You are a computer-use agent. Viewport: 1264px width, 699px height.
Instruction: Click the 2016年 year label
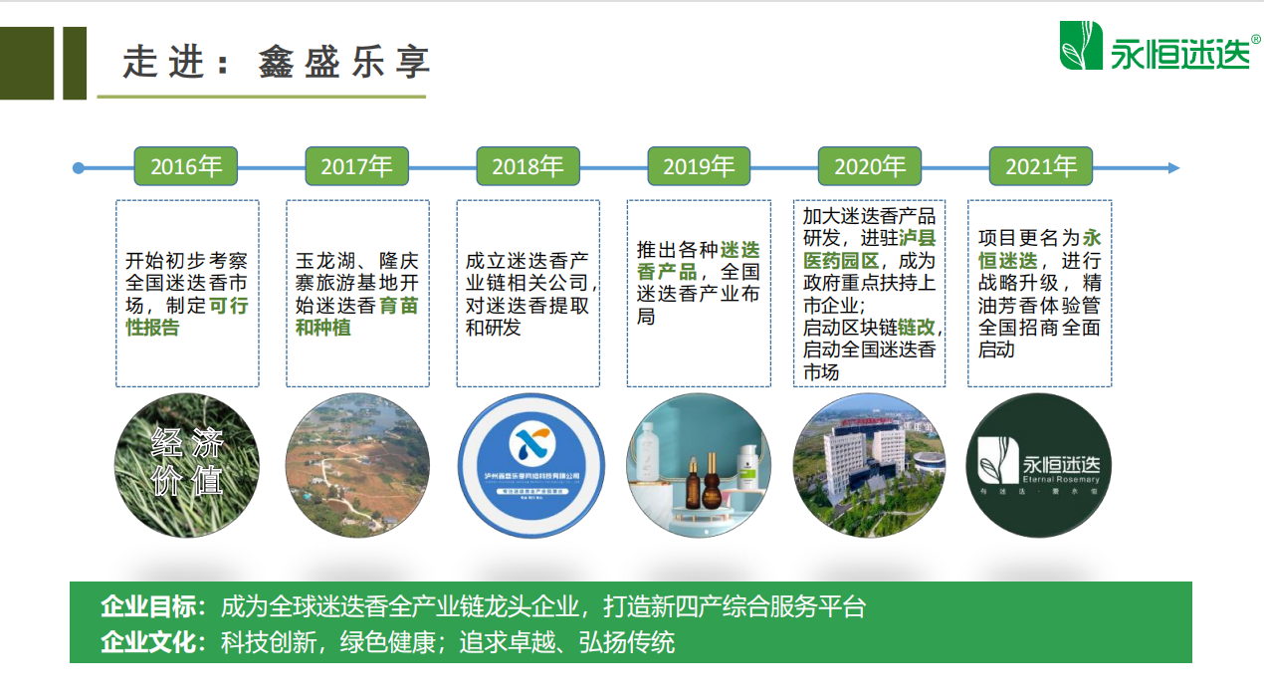pyautogui.click(x=186, y=166)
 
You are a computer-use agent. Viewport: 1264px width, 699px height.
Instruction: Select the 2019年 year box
pyautogui.click(x=699, y=166)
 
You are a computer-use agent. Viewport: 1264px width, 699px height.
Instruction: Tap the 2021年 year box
pyautogui.click(x=1040, y=166)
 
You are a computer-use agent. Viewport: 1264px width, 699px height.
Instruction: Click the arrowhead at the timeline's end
pyautogui.click(x=1173, y=168)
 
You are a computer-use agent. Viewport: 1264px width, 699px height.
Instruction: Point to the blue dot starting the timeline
pyautogui.click(x=79, y=168)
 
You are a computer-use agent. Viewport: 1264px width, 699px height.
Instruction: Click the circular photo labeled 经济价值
pyautogui.click(x=187, y=465)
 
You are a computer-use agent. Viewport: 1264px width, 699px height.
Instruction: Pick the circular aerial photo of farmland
pyautogui.click(x=357, y=465)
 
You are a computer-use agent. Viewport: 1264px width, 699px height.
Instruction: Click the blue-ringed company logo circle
pyautogui.click(x=528, y=465)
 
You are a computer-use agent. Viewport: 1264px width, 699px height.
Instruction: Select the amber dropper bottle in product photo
pyautogui.click(x=712, y=485)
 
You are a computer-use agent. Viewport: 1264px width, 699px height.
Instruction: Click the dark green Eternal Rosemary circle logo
pyautogui.click(x=1040, y=465)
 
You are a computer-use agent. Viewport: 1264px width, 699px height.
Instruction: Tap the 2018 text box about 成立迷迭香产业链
pyautogui.click(x=528, y=293)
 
